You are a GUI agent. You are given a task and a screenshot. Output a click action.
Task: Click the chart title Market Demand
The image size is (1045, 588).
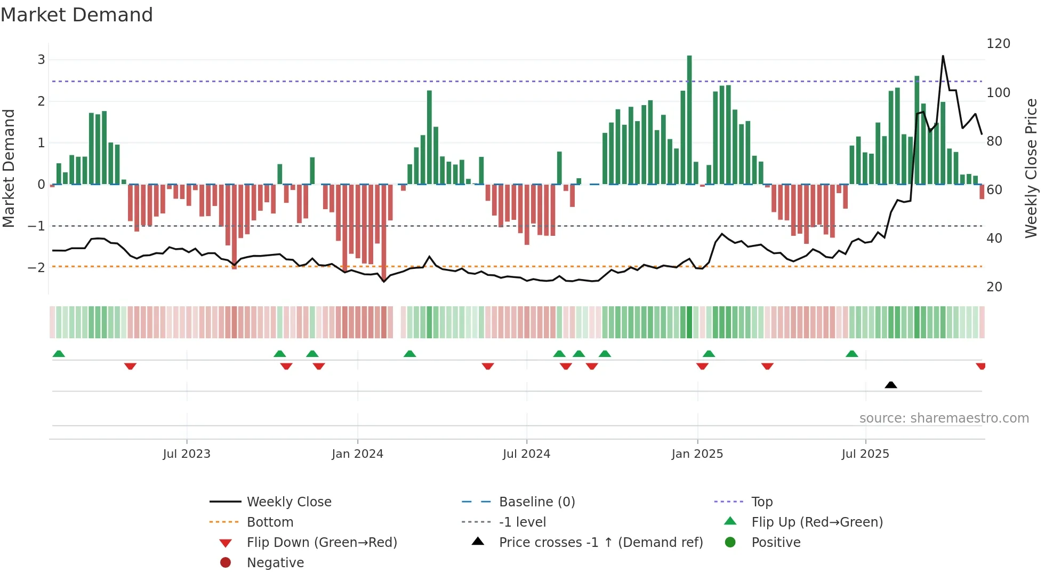[x=77, y=15]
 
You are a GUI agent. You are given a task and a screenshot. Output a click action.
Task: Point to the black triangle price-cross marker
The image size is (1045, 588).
[x=890, y=385]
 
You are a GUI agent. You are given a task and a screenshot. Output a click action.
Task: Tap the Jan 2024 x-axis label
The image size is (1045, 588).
[x=357, y=454]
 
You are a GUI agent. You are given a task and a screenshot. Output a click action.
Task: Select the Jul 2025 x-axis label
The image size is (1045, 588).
[x=865, y=454]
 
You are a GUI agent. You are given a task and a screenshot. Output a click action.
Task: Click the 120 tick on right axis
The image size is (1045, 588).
[x=998, y=44]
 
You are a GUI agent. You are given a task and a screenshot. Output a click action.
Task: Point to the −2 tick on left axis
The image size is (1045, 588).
[x=36, y=267]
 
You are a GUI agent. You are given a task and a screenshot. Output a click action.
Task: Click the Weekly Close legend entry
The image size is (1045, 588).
[x=288, y=502]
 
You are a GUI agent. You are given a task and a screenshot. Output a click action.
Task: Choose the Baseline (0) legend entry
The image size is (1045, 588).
[x=536, y=502]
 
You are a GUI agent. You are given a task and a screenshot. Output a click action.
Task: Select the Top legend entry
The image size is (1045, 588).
[x=761, y=502]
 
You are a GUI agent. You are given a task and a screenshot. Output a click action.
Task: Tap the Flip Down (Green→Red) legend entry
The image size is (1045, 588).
[x=321, y=543]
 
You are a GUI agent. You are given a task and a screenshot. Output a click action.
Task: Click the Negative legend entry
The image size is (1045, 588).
[x=275, y=563]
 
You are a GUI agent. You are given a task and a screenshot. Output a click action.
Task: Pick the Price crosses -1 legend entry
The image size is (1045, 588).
[x=600, y=543]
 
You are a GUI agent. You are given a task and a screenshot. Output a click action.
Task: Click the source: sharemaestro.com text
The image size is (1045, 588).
[x=944, y=418]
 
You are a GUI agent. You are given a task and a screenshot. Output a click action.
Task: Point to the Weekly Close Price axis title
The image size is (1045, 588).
[x=1031, y=168]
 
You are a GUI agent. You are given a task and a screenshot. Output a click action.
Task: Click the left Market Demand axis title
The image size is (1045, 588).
[x=9, y=168]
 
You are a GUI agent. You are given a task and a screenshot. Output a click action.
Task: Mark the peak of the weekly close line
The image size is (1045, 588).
[x=943, y=56]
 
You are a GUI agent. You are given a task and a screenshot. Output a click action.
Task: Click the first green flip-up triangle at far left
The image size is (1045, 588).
[x=59, y=354]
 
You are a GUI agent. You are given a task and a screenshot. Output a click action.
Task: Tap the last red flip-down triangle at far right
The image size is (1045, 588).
[x=980, y=366]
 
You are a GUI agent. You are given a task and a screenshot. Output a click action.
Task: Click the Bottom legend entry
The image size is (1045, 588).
[x=270, y=522]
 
